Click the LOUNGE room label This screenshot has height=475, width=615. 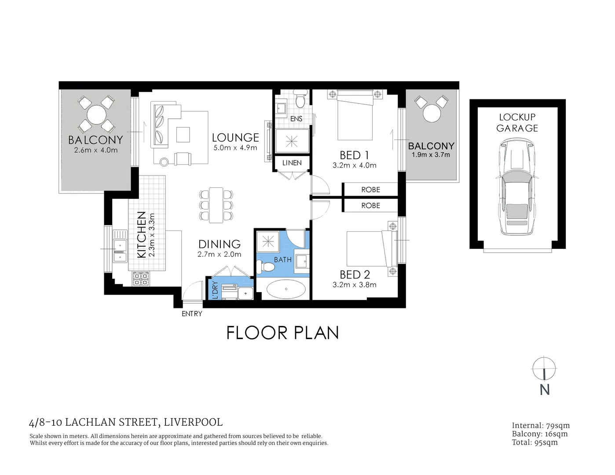point(235,138)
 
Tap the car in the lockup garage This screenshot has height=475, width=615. point(517,186)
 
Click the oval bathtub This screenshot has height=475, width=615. point(286,289)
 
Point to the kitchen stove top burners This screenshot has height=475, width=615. point(141,278)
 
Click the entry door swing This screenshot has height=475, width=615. point(193,291)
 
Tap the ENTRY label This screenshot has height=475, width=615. point(192,314)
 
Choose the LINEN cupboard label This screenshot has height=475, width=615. point(292,163)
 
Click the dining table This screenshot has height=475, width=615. point(216,205)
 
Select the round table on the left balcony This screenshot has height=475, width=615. point(96,115)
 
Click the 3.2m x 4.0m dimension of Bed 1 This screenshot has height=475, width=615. point(354,165)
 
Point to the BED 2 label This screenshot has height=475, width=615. point(355,274)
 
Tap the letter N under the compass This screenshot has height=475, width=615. point(545,390)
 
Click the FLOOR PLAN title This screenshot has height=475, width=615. point(282,333)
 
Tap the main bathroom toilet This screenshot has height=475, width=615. point(265,267)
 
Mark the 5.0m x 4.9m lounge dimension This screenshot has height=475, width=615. point(235,148)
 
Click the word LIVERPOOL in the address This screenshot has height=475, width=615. point(193,422)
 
